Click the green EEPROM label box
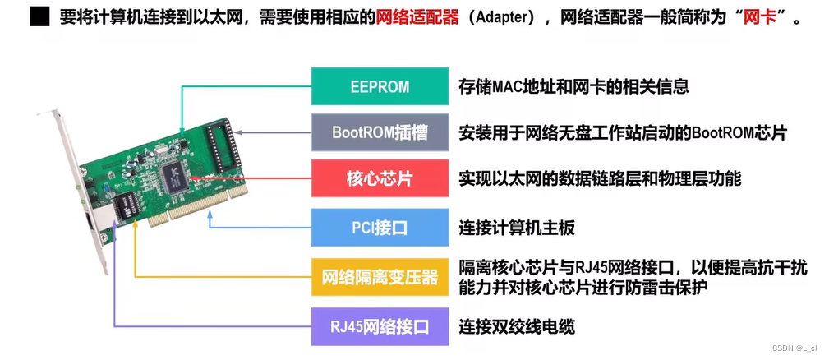pyautogui.click(x=379, y=86)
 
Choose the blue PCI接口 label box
pyautogui.click(x=379, y=227)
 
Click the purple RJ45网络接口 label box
pyautogui.click(x=379, y=326)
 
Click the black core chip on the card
pyautogui.click(x=176, y=174)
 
